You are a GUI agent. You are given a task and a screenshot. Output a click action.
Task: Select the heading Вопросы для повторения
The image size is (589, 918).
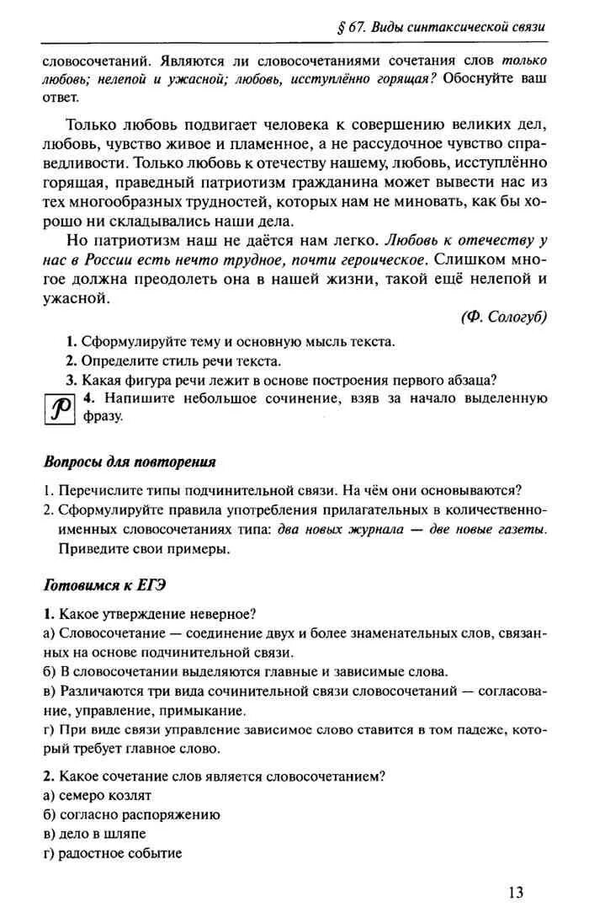(x=130, y=462)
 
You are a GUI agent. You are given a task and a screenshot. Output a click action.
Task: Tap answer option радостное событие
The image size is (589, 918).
(x=119, y=852)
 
